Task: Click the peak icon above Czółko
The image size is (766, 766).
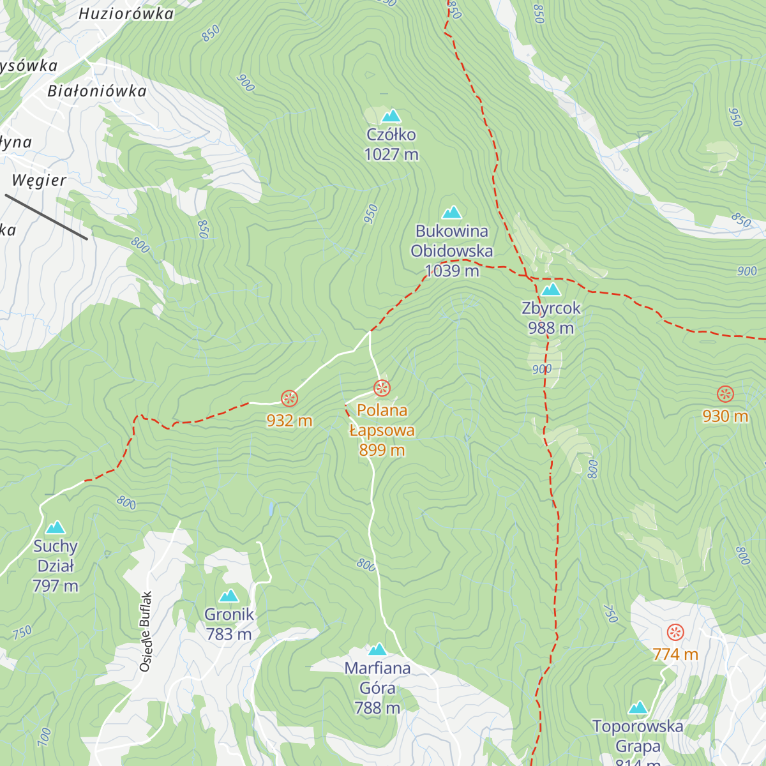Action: coord(391,116)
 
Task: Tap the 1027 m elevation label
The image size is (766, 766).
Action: coord(391,154)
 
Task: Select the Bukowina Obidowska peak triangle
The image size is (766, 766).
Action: coord(452,212)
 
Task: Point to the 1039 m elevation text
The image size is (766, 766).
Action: coord(452,271)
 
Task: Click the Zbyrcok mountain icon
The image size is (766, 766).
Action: coord(550,290)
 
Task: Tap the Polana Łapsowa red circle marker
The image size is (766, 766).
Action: coord(382,387)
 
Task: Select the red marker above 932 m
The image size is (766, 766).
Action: coord(289,399)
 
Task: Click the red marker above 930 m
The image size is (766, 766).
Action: coord(725,394)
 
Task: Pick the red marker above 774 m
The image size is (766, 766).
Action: coord(675,633)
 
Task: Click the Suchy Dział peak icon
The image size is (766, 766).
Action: coord(56,527)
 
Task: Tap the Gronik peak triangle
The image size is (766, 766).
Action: coord(229,596)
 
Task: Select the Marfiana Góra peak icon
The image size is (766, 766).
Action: coord(377,649)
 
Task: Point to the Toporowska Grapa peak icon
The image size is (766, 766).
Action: coord(638,708)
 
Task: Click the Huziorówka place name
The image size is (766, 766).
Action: coord(126,14)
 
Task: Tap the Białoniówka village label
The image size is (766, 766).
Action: coord(97,91)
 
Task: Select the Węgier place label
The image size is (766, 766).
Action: coord(39,181)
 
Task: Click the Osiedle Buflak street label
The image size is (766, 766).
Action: coord(146,631)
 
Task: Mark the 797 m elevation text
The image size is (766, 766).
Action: coord(56,586)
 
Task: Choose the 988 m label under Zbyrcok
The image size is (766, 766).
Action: coord(550,328)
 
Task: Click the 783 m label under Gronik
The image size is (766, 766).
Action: coord(229,635)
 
